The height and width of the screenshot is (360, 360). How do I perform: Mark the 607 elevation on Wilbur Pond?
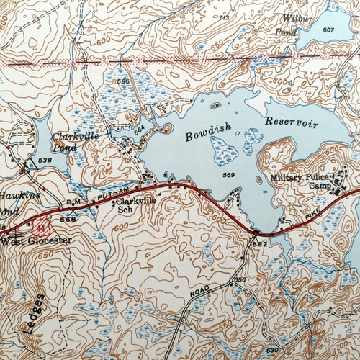point(328,30)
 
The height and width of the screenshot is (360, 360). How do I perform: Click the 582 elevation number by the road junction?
point(260,245)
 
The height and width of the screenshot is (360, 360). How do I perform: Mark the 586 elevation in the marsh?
point(122,81)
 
